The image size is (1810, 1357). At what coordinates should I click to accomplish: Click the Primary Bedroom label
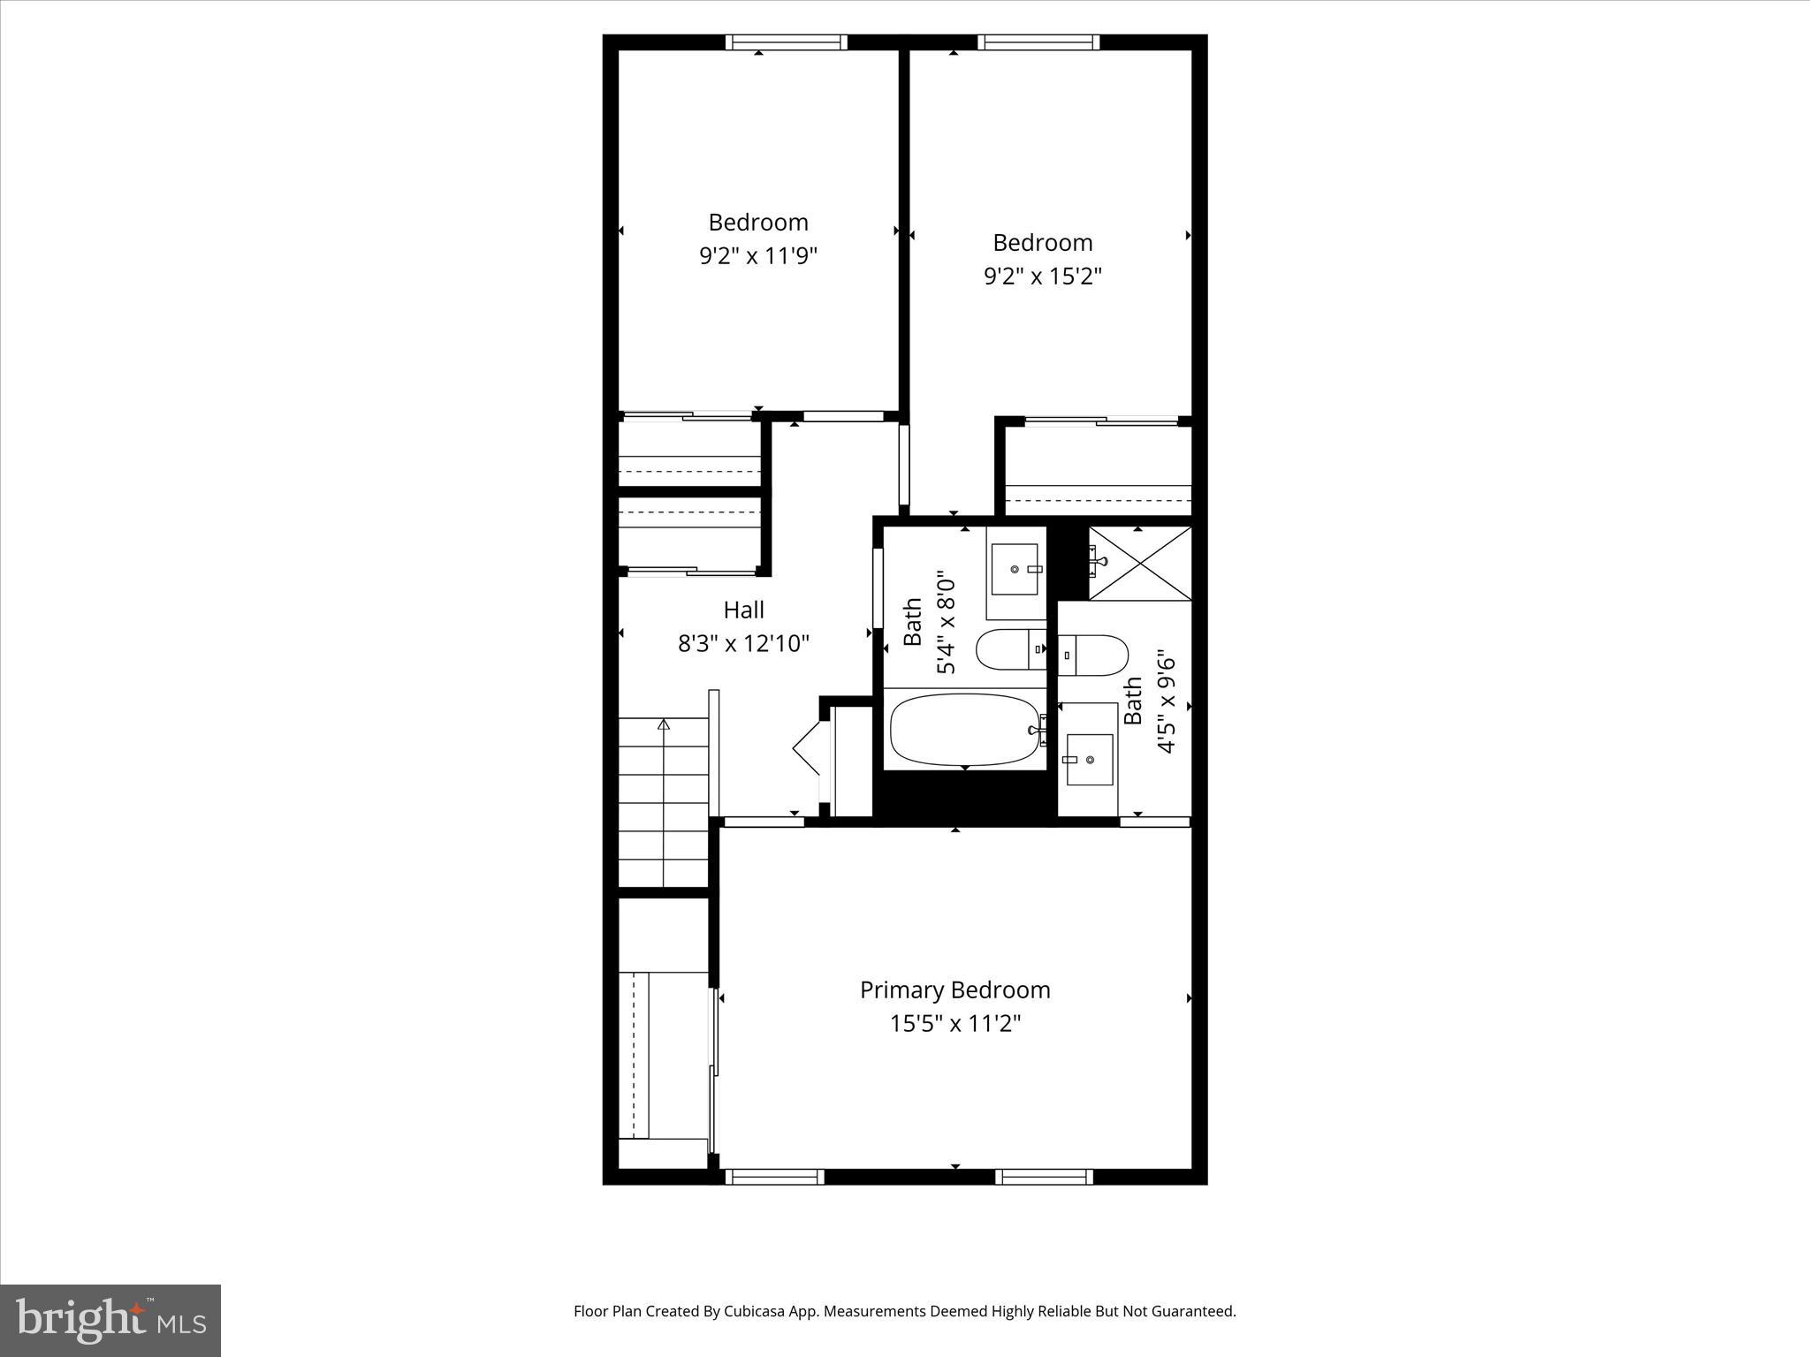[954, 989]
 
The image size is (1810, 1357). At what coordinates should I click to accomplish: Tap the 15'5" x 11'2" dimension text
[954, 1024]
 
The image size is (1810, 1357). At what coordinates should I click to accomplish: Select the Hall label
[743, 610]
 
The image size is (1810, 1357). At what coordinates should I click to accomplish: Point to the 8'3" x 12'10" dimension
[743, 643]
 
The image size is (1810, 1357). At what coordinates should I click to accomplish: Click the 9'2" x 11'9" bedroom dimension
[758, 256]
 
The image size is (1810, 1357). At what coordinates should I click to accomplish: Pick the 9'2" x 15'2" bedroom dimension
[1042, 277]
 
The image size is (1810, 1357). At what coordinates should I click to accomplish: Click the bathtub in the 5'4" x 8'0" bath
[964, 730]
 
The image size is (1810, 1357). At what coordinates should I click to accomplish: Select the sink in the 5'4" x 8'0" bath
[1014, 570]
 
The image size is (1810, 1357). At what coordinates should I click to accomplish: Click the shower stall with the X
[1139, 563]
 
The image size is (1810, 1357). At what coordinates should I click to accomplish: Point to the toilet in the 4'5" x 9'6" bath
[1094, 655]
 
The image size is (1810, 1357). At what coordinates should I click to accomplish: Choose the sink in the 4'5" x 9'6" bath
[1089, 759]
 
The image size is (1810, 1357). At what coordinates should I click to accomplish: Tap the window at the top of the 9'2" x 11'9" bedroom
[786, 42]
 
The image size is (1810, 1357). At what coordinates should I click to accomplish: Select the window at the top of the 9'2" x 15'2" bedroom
[1038, 42]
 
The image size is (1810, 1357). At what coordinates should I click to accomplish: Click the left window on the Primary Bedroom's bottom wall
[773, 1176]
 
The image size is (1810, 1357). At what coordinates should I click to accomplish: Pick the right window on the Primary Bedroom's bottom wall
[1044, 1176]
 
